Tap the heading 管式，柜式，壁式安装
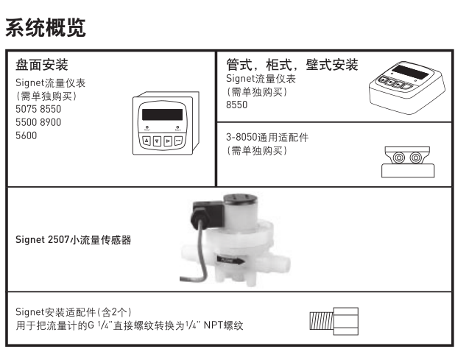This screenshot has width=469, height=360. (x=292, y=65)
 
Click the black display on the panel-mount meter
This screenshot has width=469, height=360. (x=162, y=115)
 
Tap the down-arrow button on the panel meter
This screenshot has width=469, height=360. (x=157, y=140)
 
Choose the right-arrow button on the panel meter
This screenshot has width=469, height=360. (x=168, y=140)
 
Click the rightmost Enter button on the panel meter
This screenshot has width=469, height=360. (x=179, y=140)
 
